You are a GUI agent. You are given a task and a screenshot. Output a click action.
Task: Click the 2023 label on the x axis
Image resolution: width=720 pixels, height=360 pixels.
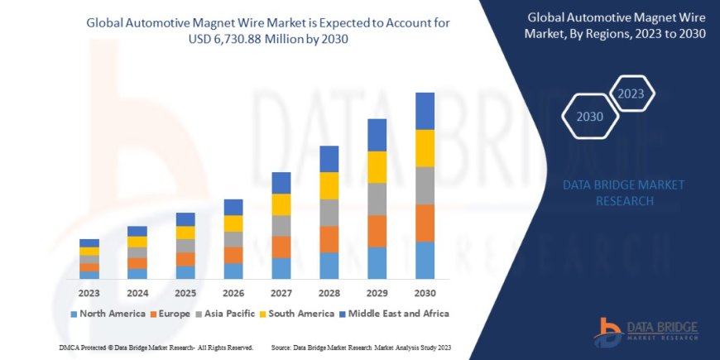click(89, 293)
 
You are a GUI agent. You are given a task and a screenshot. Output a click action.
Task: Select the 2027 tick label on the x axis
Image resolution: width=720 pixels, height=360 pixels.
click(281, 293)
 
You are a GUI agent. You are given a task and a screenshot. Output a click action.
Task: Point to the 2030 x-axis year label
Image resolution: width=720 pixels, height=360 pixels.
click(425, 293)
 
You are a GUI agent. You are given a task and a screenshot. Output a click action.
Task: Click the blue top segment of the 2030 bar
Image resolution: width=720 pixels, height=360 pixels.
click(425, 111)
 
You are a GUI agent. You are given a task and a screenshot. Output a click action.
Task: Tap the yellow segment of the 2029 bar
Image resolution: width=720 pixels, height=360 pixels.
click(377, 167)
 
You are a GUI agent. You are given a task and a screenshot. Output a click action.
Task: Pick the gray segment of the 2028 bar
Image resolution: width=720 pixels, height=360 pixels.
click(329, 213)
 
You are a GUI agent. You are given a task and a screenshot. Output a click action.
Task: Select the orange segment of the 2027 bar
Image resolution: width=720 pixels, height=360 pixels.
click(281, 247)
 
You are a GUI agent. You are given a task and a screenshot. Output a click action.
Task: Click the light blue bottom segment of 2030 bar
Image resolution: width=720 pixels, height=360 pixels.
click(425, 260)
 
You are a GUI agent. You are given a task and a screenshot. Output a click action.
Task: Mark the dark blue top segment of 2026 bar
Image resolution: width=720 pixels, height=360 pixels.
click(233, 207)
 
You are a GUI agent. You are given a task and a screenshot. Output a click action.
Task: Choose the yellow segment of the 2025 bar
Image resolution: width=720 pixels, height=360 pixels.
click(185, 233)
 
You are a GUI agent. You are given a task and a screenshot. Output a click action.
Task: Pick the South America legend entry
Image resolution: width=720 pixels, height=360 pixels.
click(291, 314)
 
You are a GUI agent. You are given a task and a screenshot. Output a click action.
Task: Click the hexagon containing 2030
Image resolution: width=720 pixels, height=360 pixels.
click(590, 116)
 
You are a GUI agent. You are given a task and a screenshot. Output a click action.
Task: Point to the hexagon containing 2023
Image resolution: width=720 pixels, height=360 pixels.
click(631, 93)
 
